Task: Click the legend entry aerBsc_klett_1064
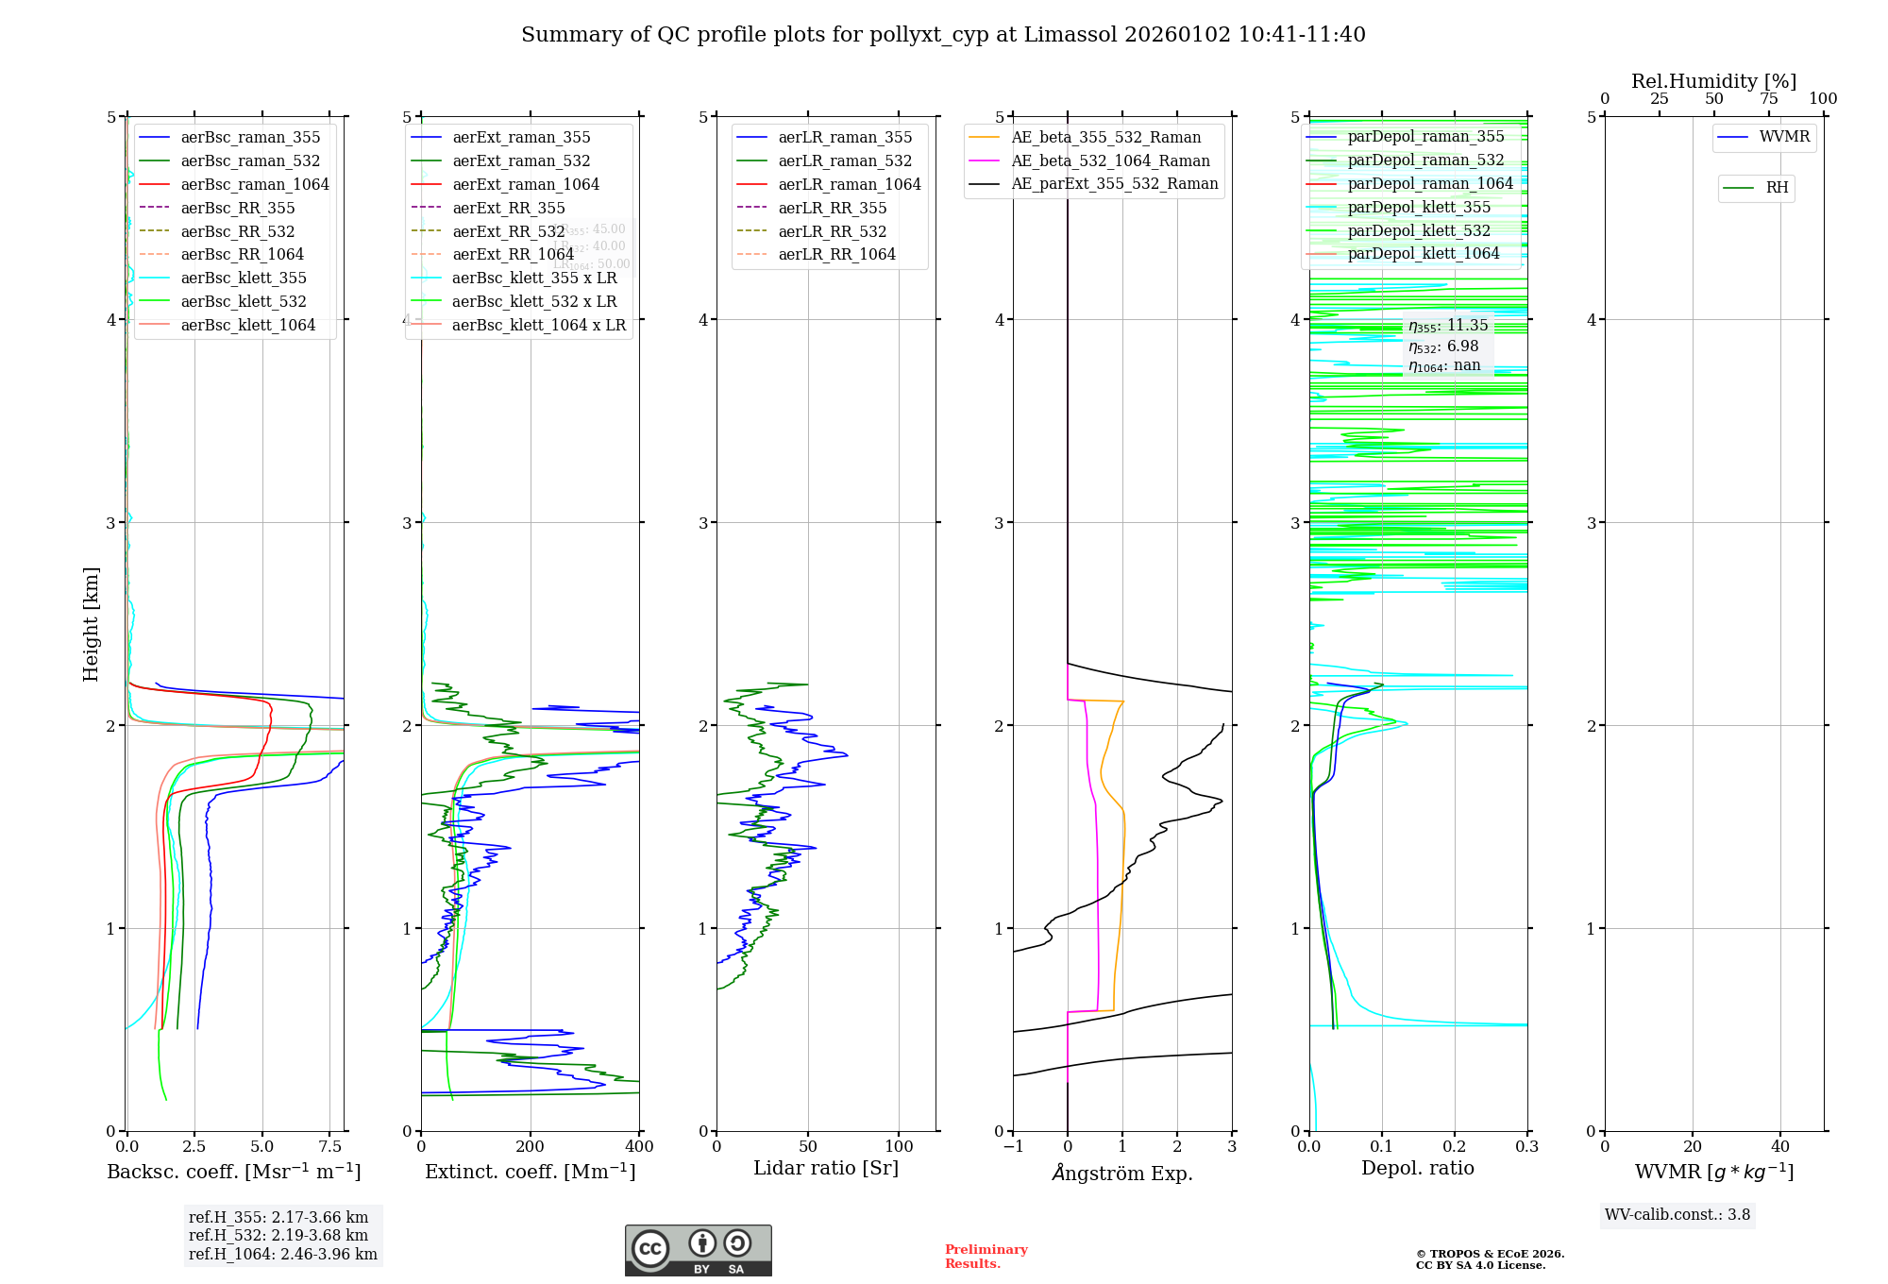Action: (247, 325)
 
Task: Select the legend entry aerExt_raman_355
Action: (521, 138)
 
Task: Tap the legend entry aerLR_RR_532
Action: (832, 231)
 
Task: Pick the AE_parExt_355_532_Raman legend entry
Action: (1114, 183)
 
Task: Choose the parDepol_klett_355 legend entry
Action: (1418, 207)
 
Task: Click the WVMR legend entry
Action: (1784, 137)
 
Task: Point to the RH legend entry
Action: (1777, 188)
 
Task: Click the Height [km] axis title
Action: (91, 624)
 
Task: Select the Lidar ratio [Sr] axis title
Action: (826, 1168)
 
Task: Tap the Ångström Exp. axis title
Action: (1122, 1173)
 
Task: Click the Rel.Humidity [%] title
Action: (1713, 81)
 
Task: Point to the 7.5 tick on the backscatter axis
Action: (329, 1147)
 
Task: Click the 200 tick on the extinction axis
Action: (531, 1147)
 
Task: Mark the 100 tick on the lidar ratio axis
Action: (899, 1147)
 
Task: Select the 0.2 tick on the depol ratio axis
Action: (1455, 1147)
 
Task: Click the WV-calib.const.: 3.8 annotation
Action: (1677, 1215)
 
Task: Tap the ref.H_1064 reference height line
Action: (282, 1254)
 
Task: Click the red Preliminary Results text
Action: (986, 1257)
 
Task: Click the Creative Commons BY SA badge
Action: (698, 1250)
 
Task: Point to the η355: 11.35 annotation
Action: (1448, 326)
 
